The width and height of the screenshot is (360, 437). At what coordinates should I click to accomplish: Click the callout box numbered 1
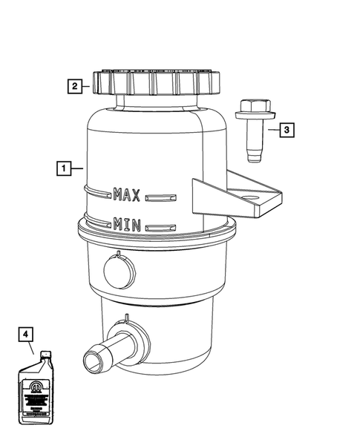click(65, 168)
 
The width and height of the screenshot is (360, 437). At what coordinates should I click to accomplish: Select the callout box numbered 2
click(74, 86)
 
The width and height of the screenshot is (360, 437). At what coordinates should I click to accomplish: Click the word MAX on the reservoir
click(127, 195)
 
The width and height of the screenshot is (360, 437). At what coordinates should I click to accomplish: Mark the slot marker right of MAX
click(163, 197)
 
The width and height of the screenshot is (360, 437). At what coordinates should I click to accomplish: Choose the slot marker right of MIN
click(163, 226)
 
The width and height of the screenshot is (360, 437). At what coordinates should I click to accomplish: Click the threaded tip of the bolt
click(255, 154)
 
